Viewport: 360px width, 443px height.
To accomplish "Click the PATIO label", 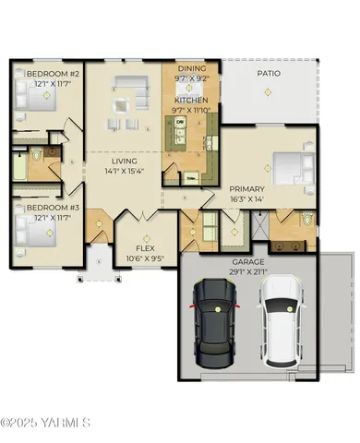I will pos(269,72).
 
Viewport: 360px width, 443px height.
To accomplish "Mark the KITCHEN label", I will pos(191,100).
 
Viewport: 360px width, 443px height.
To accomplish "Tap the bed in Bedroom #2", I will pos(28,97).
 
